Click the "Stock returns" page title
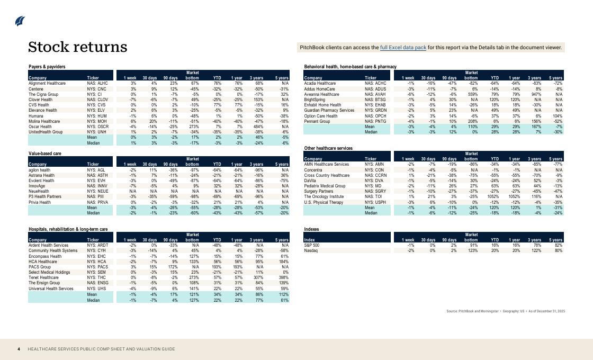(x=77, y=47)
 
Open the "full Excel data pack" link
(x=403, y=48)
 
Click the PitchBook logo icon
(x=20, y=21)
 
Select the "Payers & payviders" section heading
(x=47, y=67)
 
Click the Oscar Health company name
(x=41, y=127)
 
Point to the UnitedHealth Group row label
(x=46, y=132)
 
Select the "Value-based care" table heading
(x=45, y=154)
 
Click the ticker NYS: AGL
(x=96, y=170)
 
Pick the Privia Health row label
(x=40, y=202)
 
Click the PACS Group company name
(x=40, y=267)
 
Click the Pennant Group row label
(x=317, y=121)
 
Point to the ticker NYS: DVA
(x=374, y=181)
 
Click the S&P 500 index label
(x=312, y=245)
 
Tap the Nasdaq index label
(x=311, y=250)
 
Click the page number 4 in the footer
(x=19, y=349)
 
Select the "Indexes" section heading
(x=312, y=229)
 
